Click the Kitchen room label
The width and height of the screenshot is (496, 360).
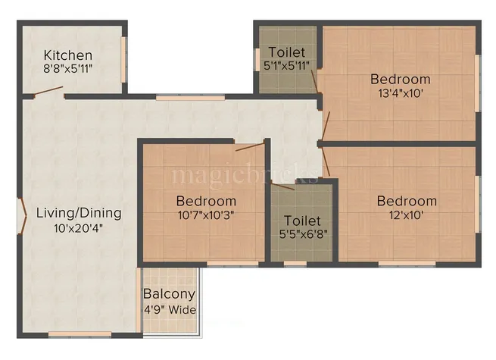(68, 55)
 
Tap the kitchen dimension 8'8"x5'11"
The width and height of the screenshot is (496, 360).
(68, 68)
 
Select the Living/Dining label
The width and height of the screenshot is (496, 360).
(79, 213)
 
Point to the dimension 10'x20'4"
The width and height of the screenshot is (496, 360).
(79, 227)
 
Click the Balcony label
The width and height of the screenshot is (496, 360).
(170, 294)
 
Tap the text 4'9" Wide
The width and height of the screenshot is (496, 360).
(170, 309)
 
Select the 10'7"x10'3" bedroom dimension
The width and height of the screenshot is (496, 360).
(206, 215)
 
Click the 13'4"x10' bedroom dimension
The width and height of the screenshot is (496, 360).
(400, 93)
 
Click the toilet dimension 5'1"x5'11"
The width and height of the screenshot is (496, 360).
(287, 66)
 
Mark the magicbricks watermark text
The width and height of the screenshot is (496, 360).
(245, 175)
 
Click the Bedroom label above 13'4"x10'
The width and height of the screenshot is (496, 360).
(400, 79)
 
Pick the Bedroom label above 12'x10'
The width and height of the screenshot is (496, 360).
(407, 201)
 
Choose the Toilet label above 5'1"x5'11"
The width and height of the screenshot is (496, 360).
(287, 52)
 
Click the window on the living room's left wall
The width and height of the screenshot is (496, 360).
(20, 214)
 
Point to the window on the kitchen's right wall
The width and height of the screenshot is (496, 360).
(124, 58)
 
